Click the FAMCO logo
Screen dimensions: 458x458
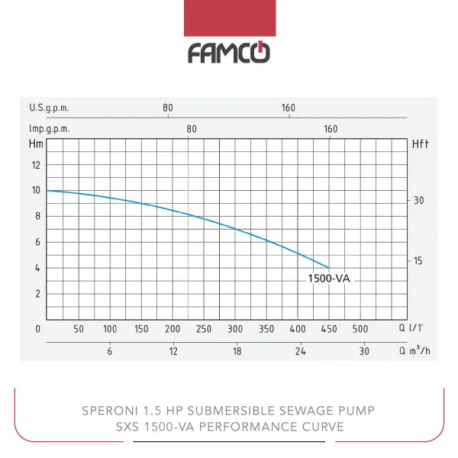(x=230, y=53)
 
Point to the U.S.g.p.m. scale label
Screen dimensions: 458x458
(x=50, y=108)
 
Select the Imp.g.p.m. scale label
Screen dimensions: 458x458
(x=50, y=129)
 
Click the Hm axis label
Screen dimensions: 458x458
(x=35, y=143)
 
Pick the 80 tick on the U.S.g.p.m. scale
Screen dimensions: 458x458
(x=168, y=108)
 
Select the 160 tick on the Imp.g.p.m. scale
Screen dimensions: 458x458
(x=331, y=129)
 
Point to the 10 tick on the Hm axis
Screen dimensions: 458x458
(x=35, y=189)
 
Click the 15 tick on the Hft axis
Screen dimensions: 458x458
(x=418, y=260)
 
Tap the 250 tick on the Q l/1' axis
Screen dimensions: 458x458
(x=204, y=329)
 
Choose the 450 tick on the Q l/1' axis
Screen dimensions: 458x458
(x=329, y=329)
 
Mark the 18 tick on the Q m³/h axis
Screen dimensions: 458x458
(x=237, y=351)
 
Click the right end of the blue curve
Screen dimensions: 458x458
(x=329, y=268)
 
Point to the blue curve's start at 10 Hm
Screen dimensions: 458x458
(x=47, y=190)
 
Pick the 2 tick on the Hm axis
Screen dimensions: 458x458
(x=37, y=293)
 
